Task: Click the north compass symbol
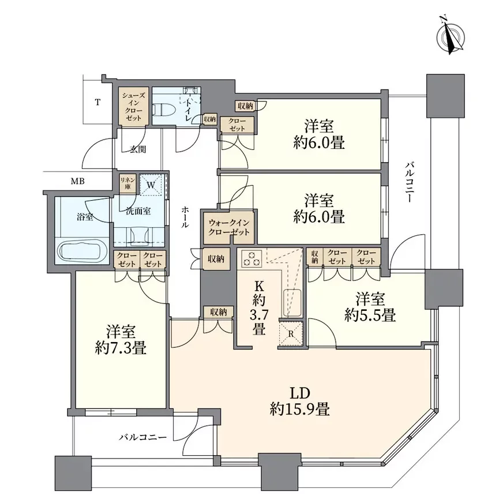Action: [x=451, y=35]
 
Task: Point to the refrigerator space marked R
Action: [x=291, y=333]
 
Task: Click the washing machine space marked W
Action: [x=151, y=185]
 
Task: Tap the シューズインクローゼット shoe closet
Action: [x=133, y=106]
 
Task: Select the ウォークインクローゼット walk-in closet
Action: [x=229, y=227]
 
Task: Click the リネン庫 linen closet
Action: [x=127, y=183]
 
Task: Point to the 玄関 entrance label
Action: [x=138, y=149]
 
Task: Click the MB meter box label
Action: [x=78, y=182]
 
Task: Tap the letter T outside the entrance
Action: [x=97, y=103]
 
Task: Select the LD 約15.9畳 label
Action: [x=300, y=401]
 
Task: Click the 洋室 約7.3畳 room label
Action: [x=121, y=340]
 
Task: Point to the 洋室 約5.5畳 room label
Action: [x=370, y=307]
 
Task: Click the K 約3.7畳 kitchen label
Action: [x=259, y=307]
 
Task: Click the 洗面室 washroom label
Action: [x=138, y=211]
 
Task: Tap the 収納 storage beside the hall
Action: [x=216, y=258]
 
